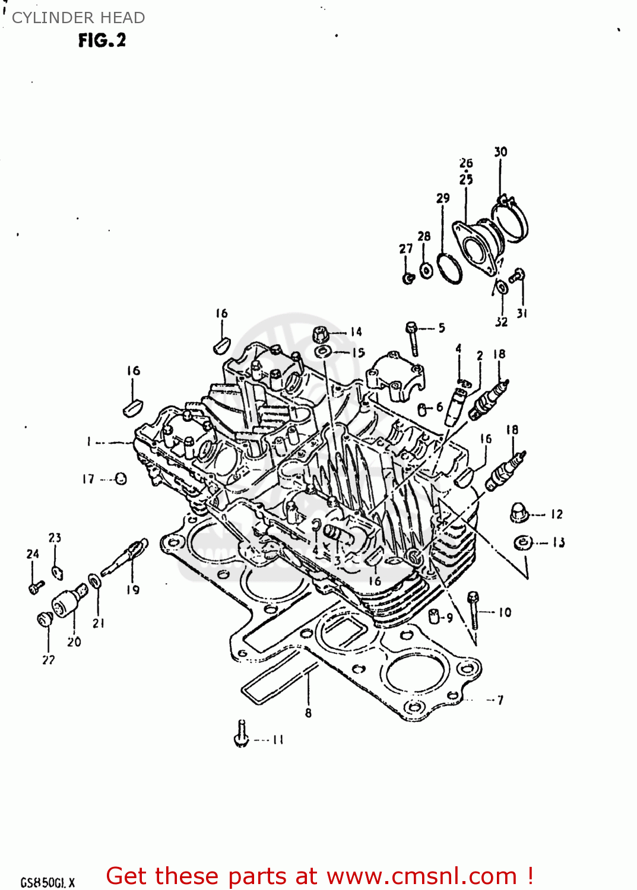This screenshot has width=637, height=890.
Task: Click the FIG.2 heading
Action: tap(102, 40)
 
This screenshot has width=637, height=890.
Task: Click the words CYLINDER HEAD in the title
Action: tap(78, 18)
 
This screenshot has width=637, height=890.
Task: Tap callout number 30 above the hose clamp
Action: tap(500, 152)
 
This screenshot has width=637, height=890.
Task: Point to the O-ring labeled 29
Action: tap(450, 268)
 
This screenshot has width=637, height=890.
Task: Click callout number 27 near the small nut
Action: tap(405, 249)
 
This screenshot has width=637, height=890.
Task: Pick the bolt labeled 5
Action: tap(413, 338)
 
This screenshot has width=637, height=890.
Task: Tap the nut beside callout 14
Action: tap(321, 335)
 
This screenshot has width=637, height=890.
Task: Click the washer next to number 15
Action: tap(322, 352)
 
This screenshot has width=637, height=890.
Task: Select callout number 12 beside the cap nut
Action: tap(556, 514)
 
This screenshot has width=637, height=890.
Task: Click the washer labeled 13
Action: tap(522, 542)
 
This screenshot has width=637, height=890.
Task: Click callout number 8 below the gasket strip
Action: tap(308, 713)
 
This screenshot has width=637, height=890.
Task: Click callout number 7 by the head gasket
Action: tap(500, 700)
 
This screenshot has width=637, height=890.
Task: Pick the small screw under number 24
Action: tap(35, 587)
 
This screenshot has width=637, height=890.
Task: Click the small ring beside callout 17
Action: tap(121, 479)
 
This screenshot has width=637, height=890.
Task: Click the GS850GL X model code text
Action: tap(47, 882)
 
